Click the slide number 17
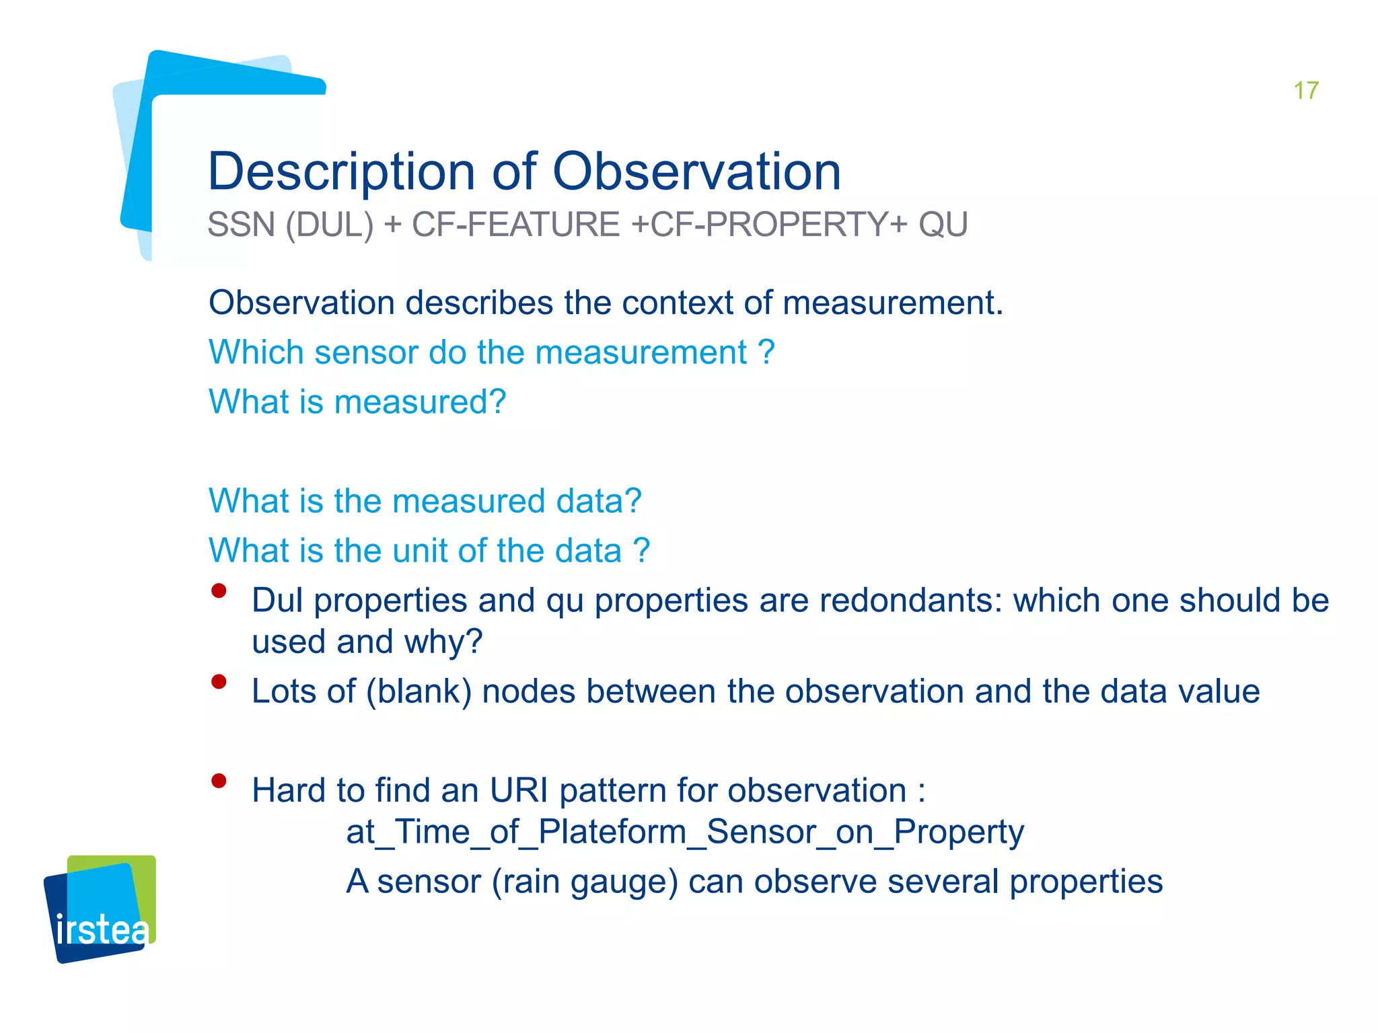pos(1305,91)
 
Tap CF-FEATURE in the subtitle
pos(515,225)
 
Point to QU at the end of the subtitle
pos(943,225)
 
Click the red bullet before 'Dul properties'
pos(219,591)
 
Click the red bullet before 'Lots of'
pos(219,682)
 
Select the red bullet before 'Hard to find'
pos(219,781)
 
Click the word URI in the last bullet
pos(518,791)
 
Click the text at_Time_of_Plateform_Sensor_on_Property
pos(684,832)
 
